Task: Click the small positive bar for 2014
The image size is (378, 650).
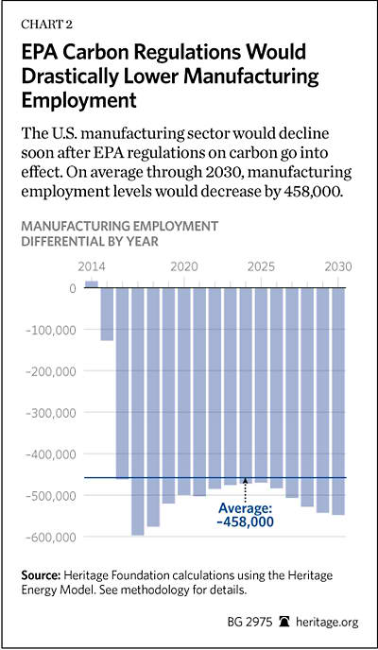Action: [92, 284]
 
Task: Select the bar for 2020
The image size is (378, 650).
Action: [184, 391]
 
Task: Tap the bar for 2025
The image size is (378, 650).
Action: [261, 385]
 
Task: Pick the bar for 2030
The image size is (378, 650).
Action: [338, 402]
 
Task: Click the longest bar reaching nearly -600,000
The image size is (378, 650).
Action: [138, 411]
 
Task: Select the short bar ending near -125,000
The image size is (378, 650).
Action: [107, 314]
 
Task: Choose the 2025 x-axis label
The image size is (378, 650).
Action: [260, 266]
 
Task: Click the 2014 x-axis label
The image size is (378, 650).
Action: [92, 266]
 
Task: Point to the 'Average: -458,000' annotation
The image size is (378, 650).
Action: [246, 515]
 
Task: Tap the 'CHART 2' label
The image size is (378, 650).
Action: [47, 25]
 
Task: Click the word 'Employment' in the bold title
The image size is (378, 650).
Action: [79, 100]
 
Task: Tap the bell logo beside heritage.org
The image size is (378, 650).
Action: [286, 623]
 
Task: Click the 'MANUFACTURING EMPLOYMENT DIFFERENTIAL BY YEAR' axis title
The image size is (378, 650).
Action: [119, 233]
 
